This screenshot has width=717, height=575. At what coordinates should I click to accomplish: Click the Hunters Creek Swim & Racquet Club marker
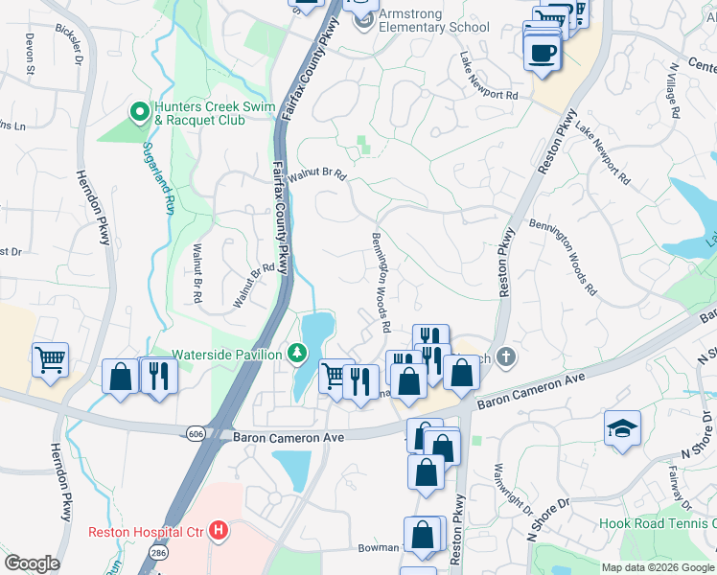click(x=139, y=112)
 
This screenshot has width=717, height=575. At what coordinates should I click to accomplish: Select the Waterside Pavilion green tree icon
click(x=297, y=355)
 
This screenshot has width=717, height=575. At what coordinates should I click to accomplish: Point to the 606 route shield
click(x=196, y=434)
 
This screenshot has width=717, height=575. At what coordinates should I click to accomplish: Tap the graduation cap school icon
click(x=621, y=425)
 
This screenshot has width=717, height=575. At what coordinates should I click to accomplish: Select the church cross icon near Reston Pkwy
click(x=507, y=357)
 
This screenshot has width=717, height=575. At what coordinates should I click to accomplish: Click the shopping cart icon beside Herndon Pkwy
click(x=50, y=359)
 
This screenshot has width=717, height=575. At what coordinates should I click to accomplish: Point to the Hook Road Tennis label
click(x=657, y=523)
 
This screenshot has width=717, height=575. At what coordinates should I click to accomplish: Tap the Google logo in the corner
click(x=32, y=563)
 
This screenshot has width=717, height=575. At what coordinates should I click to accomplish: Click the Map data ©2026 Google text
click(x=658, y=567)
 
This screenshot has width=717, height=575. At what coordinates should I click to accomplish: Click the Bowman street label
click(x=378, y=547)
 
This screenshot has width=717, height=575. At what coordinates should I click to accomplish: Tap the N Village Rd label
click(x=675, y=92)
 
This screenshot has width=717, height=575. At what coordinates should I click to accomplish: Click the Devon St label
click(x=30, y=55)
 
